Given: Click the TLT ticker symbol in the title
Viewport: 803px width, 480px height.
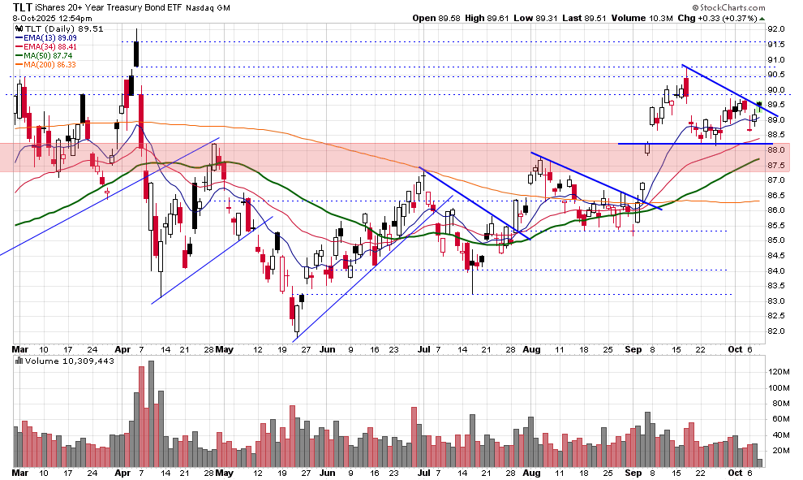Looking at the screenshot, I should pyautogui.click(x=23, y=6).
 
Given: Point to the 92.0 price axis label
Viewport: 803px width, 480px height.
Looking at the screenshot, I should pyautogui.click(x=778, y=29).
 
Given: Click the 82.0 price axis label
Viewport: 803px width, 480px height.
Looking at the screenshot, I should pyautogui.click(x=778, y=331).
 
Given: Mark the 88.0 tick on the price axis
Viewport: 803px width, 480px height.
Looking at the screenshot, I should pyautogui.click(x=778, y=150).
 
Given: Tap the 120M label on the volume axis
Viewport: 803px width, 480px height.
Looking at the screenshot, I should pyautogui.click(x=779, y=371).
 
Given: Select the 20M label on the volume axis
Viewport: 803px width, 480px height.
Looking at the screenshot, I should pyautogui.click(x=779, y=448).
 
